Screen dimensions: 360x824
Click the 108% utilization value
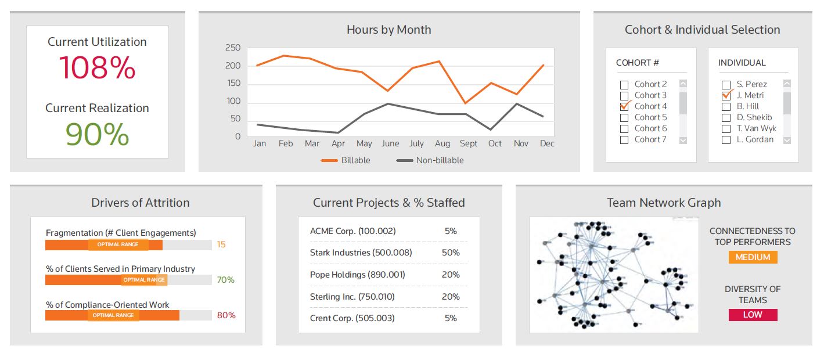point(97,68)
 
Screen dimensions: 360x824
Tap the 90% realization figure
point(97,134)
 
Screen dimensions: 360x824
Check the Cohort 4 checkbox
point(624,107)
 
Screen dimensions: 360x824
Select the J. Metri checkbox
point(726,96)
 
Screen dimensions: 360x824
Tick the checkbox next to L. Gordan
point(726,140)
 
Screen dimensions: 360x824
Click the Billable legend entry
point(346,160)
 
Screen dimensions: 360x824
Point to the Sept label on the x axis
point(469,143)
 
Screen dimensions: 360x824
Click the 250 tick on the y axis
point(233,48)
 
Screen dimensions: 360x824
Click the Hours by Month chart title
point(388,30)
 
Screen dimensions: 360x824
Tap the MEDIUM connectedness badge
point(753,257)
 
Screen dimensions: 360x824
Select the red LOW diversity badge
point(753,315)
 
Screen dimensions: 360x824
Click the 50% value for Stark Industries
point(451,253)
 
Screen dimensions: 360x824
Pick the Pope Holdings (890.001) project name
point(358,275)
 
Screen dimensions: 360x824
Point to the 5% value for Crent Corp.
point(451,318)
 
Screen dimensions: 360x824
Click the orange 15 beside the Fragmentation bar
point(221,244)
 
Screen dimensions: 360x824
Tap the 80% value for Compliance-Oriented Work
point(226,315)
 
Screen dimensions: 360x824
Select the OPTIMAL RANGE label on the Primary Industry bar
point(144,280)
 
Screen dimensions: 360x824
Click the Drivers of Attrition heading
point(140,203)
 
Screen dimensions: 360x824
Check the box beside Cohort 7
point(624,140)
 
